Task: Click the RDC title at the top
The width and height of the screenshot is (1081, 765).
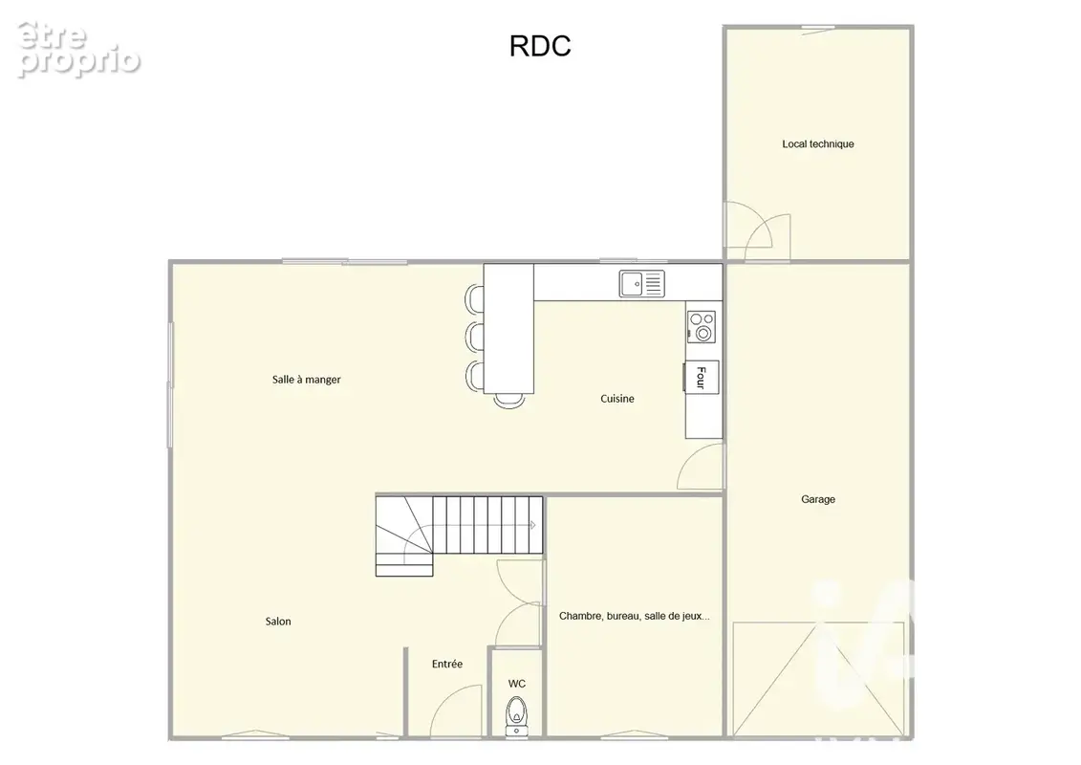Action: point(540,46)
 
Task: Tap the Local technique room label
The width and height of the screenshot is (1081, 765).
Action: point(817,144)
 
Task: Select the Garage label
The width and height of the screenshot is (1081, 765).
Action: point(817,499)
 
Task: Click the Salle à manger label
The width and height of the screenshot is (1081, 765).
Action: point(306,380)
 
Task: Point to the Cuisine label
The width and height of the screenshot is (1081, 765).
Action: point(617,399)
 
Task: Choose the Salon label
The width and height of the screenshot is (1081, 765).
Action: point(278,622)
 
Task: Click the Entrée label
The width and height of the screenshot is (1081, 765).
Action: point(446,664)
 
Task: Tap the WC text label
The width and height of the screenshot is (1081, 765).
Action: point(516,684)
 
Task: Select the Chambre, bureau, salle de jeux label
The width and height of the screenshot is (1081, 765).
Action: point(635,616)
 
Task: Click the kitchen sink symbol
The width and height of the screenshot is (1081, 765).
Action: point(642,283)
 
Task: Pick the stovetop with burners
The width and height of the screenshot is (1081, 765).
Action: point(702,326)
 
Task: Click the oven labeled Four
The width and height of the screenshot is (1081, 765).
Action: point(702,377)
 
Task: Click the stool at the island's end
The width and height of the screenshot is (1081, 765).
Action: point(509,401)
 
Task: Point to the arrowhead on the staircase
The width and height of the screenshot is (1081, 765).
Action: point(532,525)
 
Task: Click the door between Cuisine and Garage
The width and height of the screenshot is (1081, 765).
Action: point(702,467)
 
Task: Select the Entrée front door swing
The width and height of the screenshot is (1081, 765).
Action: point(456,710)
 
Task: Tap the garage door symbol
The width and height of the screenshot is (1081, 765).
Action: point(818,680)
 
